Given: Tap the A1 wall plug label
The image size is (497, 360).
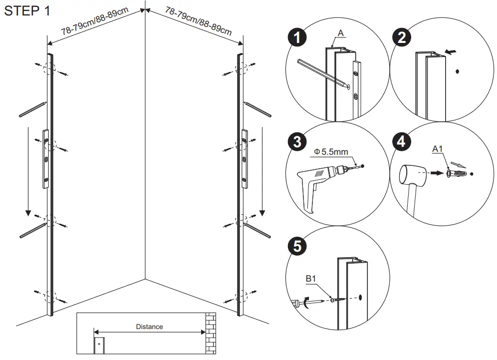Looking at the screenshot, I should pos(438,149).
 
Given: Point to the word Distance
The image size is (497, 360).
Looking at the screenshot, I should pos(149,327).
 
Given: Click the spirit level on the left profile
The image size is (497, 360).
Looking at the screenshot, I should pos(45,159).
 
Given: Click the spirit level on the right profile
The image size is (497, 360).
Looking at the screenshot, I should pos(245,159).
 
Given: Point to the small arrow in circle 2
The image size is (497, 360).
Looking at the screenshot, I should pos(451,51).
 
